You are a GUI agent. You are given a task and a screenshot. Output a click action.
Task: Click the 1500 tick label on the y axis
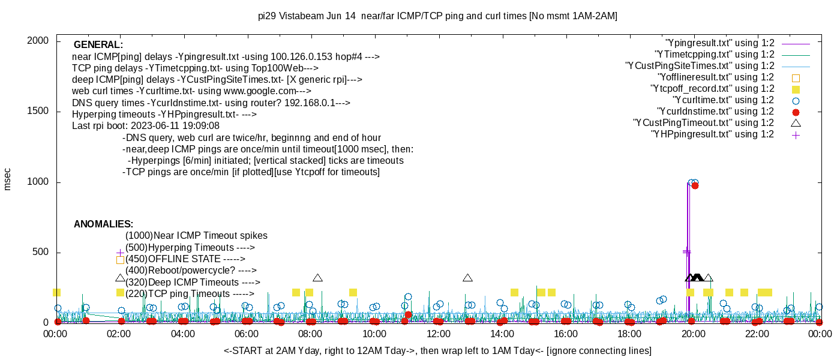click(40, 112)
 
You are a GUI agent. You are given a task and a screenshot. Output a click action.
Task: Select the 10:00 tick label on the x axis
click(374, 334)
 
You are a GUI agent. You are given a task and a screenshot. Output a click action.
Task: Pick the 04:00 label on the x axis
click(182, 334)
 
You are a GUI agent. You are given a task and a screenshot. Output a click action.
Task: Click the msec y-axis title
click(8, 178)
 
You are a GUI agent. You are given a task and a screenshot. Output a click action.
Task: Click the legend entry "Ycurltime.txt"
click(723, 100)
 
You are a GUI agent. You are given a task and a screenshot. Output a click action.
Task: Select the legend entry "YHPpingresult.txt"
click(712, 134)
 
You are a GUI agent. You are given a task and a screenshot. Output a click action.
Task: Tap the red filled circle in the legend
click(796, 112)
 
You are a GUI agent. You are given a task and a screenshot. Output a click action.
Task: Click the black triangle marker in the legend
click(796, 123)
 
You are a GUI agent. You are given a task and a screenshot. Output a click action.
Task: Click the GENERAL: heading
click(98, 45)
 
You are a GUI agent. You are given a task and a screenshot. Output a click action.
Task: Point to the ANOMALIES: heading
click(103, 224)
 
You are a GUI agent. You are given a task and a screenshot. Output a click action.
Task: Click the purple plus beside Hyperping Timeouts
click(120, 253)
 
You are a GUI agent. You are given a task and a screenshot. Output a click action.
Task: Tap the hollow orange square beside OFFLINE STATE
click(120, 260)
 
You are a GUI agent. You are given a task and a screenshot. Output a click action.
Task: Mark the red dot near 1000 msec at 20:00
click(695, 185)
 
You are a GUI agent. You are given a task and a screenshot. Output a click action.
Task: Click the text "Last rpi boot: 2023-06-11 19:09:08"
click(146, 126)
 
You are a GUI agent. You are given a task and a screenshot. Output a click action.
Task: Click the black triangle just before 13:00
click(467, 278)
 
